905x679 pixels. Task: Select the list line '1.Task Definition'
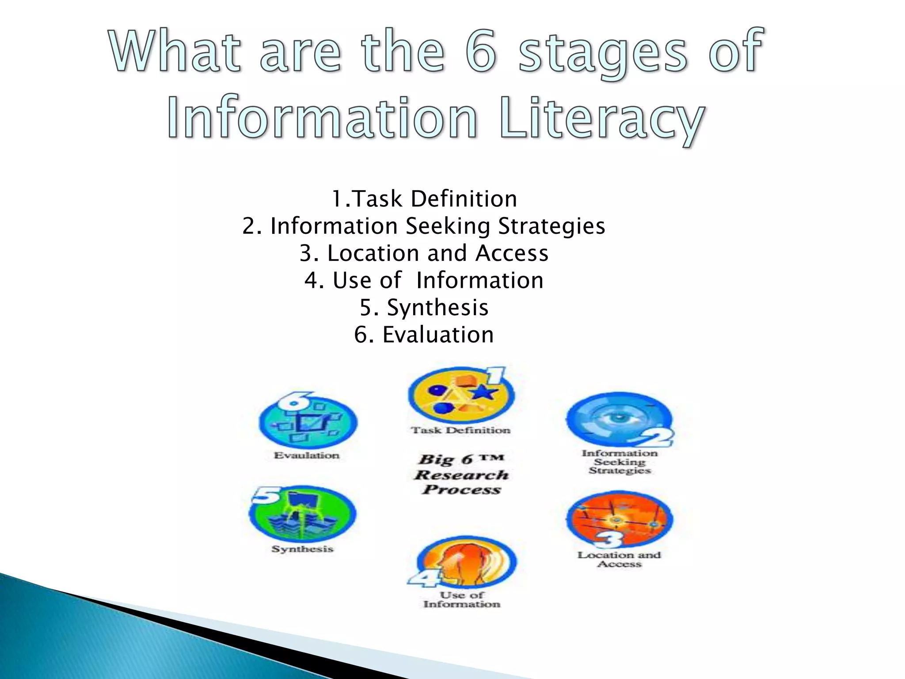click(x=424, y=199)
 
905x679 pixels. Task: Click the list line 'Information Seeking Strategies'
click(x=424, y=226)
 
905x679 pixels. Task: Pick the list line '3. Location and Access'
click(x=424, y=253)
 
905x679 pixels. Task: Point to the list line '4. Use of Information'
click(x=424, y=280)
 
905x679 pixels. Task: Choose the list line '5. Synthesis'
click(x=424, y=308)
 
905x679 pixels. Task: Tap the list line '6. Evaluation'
click(x=424, y=335)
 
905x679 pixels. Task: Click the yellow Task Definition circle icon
click(x=461, y=396)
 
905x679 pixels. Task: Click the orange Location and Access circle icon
click(x=620, y=519)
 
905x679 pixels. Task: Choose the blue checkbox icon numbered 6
click(x=308, y=420)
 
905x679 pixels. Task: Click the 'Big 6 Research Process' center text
click(x=461, y=474)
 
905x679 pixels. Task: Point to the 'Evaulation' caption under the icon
click(x=307, y=455)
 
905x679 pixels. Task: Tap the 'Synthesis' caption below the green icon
click(x=302, y=549)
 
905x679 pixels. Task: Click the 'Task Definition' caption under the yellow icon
click(x=461, y=430)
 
